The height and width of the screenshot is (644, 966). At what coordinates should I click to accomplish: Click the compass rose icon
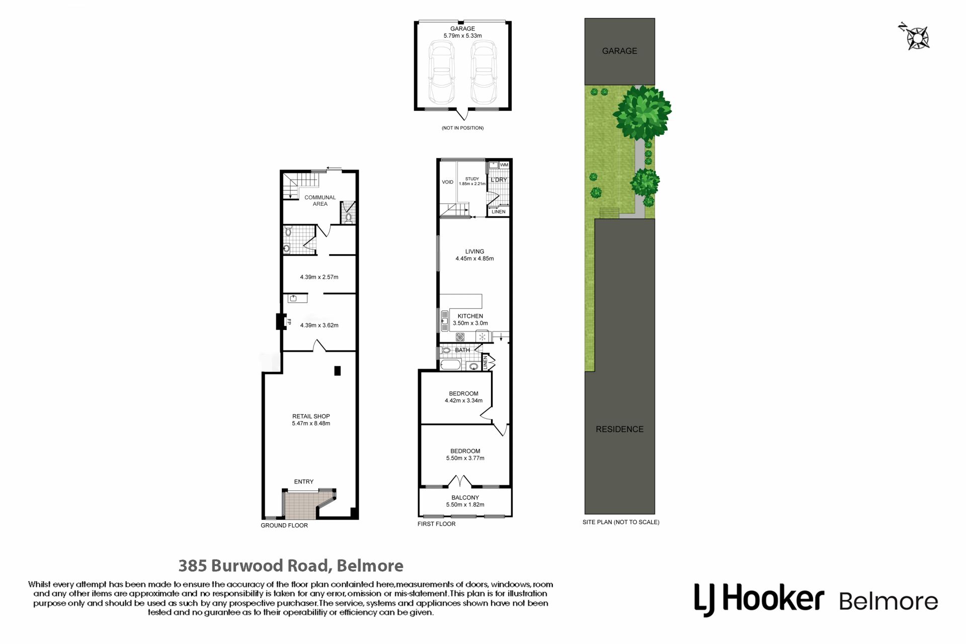pyautogui.click(x=915, y=37)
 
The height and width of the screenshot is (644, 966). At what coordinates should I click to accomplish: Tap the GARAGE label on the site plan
pyautogui.click(x=619, y=51)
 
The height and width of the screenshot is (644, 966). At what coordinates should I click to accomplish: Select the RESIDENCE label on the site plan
pyautogui.click(x=619, y=429)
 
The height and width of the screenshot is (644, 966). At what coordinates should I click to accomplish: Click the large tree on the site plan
pyautogui.click(x=642, y=113)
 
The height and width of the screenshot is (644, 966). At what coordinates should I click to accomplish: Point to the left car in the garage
pyautogui.click(x=441, y=72)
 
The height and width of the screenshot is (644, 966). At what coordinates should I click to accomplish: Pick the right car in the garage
pyautogui.click(x=484, y=72)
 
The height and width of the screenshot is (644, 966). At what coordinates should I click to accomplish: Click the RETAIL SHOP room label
pyautogui.click(x=311, y=416)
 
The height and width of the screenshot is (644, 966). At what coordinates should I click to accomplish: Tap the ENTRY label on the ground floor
pyautogui.click(x=303, y=481)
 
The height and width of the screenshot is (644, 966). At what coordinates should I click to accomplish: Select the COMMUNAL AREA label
pyautogui.click(x=320, y=200)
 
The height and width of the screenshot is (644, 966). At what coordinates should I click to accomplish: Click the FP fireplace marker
pyautogui.click(x=289, y=321)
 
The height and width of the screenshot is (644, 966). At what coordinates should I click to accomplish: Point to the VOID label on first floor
pyautogui.click(x=447, y=182)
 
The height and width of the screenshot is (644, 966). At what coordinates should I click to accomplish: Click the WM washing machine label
pyautogui.click(x=504, y=165)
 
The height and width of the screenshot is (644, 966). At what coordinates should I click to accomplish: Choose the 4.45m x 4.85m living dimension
pyautogui.click(x=474, y=259)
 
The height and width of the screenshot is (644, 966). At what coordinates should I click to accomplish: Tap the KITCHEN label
pyautogui.click(x=470, y=316)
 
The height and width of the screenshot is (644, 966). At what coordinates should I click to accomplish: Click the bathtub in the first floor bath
pyautogui.click(x=451, y=365)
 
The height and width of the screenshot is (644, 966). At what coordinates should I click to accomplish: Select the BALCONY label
pyautogui.click(x=465, y=498)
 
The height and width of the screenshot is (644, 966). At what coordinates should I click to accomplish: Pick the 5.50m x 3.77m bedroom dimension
pyautogui.click(x=465, y=458)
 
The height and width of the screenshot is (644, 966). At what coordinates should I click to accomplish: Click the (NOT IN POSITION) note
pyautogui.click(x=462, y=128)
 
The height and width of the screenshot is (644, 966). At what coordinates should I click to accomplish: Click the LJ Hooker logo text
pyautogui.click(x=759, y=600)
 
